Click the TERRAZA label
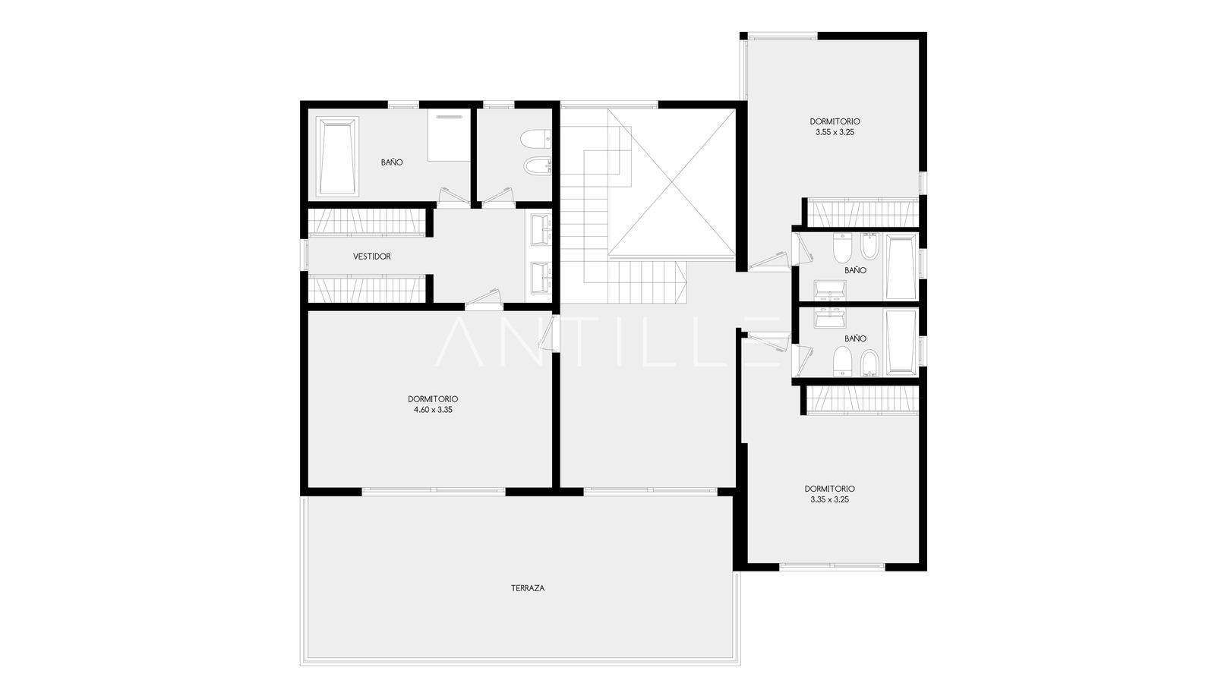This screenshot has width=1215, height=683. pos(527,588)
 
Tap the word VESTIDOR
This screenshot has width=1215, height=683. pos(371,257)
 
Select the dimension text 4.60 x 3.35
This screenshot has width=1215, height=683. pos(433,410)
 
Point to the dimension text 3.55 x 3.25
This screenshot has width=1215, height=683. pos(835,132)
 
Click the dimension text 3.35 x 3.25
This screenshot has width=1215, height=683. pos(829,500)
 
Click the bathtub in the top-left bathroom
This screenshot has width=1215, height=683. pos(337,156)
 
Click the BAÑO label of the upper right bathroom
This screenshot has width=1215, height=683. pos(855,270)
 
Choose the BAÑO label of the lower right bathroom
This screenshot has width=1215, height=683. pos(855,338)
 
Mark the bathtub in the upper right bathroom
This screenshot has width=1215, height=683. pos(901,266)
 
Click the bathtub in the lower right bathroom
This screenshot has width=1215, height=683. pos(901,342)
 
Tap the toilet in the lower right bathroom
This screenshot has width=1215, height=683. pos(842,361)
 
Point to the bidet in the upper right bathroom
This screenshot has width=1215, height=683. pos(869,247)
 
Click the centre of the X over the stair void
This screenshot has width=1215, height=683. pos(671,182)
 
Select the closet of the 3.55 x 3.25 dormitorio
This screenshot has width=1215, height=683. pos(863,212)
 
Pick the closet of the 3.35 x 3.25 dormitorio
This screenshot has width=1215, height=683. pos(863,400)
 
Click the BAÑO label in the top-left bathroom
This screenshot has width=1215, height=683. pos(392,162)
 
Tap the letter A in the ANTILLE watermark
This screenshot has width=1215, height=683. pos(459,342)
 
